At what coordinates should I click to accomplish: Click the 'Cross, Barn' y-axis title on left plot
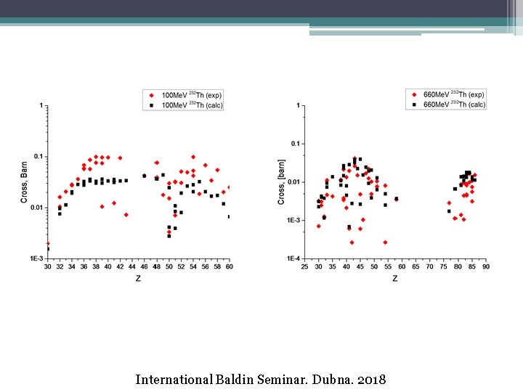(24, 181)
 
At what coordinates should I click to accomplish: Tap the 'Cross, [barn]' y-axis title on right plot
(281, 181)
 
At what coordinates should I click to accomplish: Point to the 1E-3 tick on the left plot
(36, 258)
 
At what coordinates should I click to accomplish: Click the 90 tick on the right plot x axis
(485, 267)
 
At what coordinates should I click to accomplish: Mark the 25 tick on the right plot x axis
(304, 267)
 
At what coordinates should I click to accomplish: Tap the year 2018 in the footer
(370, 380)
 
